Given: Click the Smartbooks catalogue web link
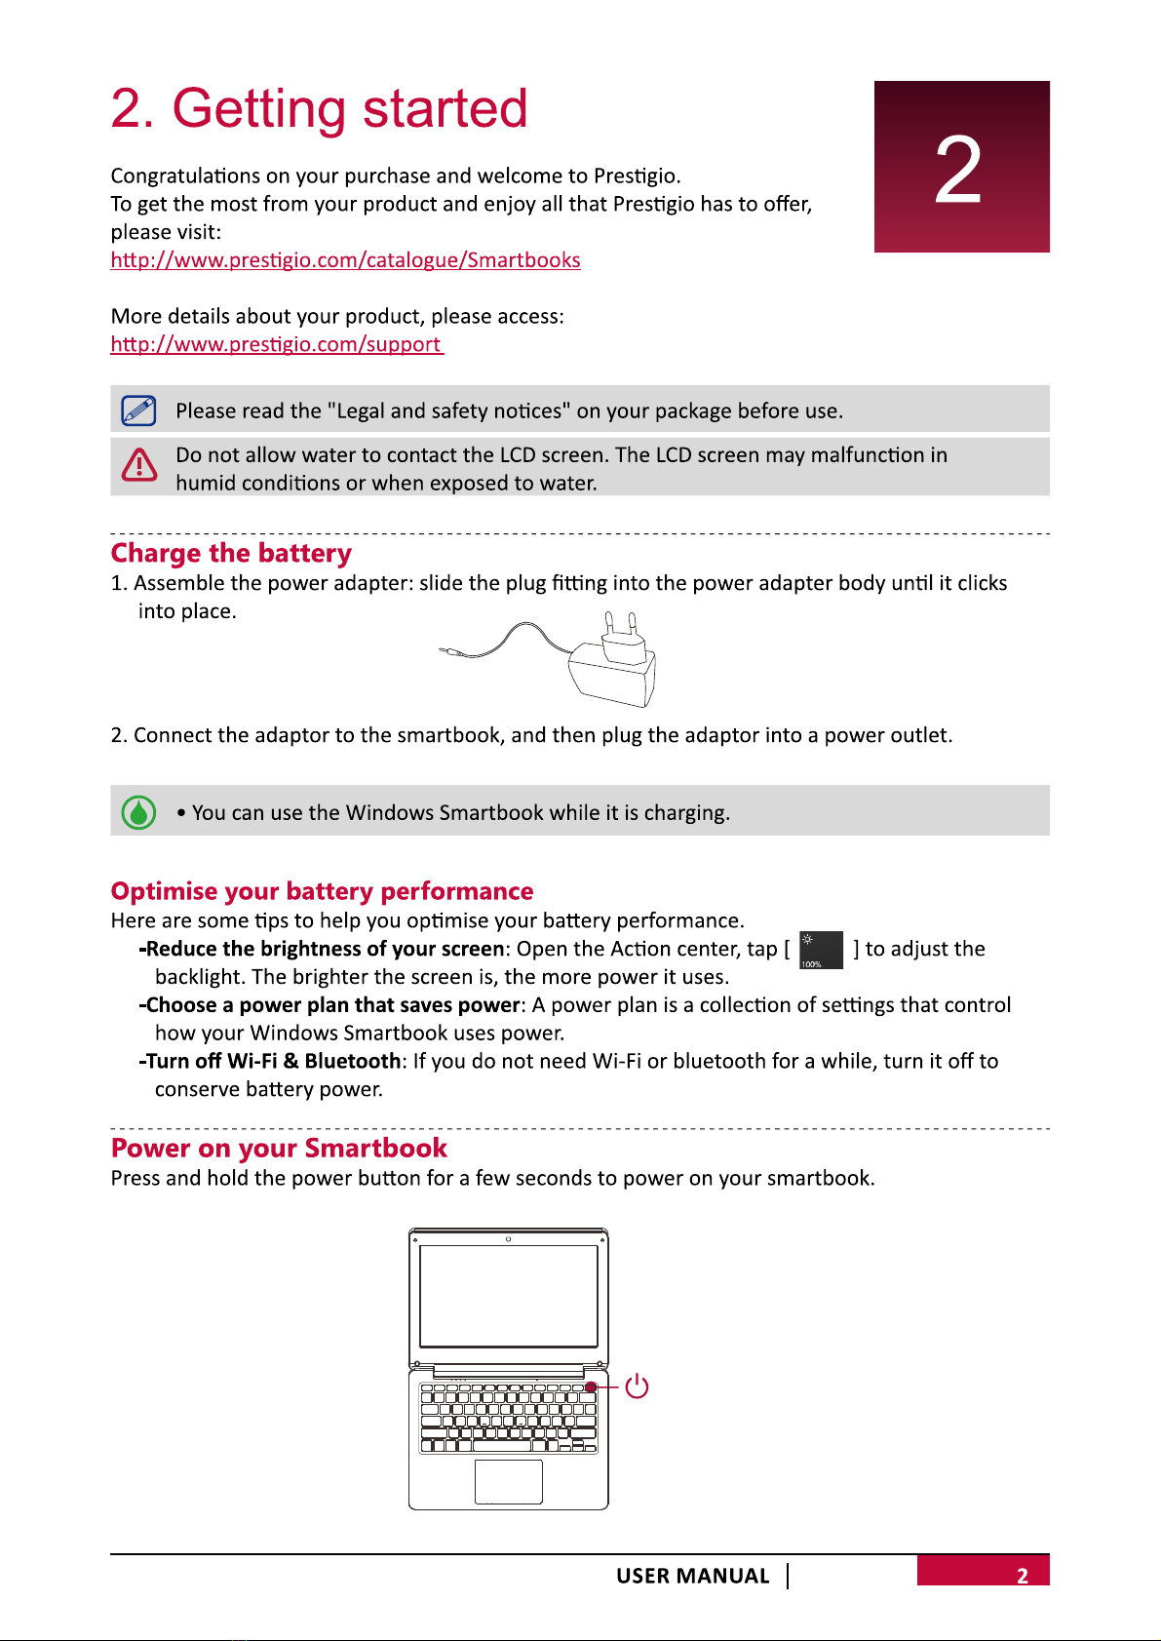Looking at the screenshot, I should click(x=345, y=260).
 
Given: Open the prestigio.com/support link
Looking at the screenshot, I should click(x=276, y=344).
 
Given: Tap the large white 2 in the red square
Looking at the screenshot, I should click(x=958, y=171).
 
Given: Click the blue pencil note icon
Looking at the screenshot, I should click(x=138, y=410).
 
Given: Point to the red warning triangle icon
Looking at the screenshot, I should click(x=139, y=465).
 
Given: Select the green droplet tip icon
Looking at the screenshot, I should click(x=138, y=812).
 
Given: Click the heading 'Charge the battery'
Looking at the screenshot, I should click(x=231, y=553).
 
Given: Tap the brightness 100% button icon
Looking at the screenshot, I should click(x=821, y=950).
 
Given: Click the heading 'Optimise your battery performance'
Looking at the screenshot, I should click(x=322, y=891).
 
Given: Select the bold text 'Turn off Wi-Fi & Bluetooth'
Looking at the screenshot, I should click(x=273, y=1061).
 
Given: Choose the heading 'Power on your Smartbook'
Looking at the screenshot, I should click(x=279, y=1148).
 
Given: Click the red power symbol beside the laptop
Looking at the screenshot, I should click(x=637, y=1386).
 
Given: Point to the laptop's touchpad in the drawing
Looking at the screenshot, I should click(x=508, y=1481).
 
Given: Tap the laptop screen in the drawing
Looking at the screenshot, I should click(x=508, y=1296).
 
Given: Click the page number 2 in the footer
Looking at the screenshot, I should click(x=1022, y=1576).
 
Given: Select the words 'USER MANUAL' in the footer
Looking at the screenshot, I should click(x=692, y=1576).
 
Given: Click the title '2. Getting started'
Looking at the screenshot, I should click(x=319, y=108).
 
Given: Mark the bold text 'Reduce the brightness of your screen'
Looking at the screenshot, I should click(x=325, y=949).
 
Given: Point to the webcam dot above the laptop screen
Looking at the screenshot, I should click(x=508, y=1238).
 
